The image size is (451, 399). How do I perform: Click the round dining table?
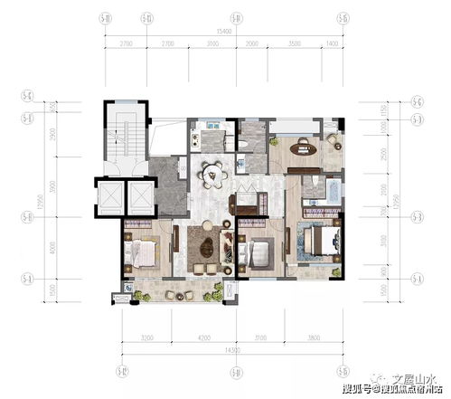click(214, 171)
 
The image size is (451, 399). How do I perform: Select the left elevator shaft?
click(113, 197)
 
